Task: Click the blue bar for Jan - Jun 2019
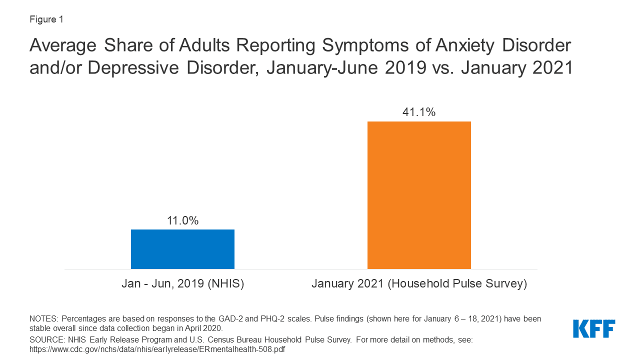point(182,249)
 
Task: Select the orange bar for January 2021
point(419,195)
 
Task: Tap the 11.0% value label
point(182,220)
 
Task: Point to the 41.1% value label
point(419,112)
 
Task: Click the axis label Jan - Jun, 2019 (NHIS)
point(182,284)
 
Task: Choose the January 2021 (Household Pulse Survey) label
point(419,284)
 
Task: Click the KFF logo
point(594,328)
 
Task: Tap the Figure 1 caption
point(46,19)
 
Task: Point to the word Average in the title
point(62,45)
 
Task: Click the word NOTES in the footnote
point(43,319)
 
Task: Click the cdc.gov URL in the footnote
point(157,349)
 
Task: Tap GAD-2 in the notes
point(229,319)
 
